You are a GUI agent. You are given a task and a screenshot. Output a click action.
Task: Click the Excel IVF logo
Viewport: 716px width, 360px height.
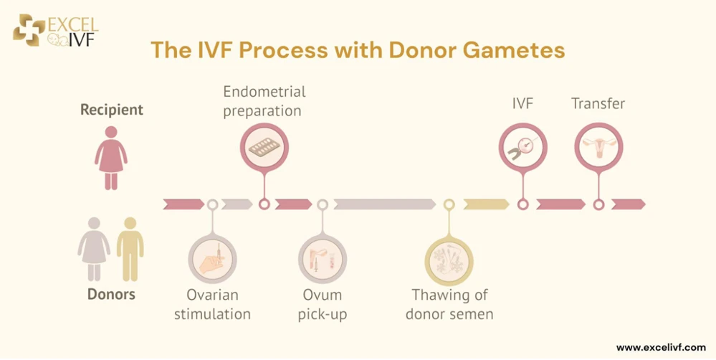point(55,29)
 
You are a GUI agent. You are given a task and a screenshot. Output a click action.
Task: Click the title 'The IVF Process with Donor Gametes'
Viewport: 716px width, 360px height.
point(357,50)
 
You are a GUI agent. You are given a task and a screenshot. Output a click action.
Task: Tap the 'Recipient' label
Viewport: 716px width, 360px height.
point(112,110)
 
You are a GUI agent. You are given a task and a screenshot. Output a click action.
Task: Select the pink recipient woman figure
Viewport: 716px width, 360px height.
point(111,158)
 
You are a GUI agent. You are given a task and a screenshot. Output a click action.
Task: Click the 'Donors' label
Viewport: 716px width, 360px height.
point(111,294)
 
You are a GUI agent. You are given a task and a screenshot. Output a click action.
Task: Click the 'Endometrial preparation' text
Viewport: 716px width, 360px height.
point(264,101)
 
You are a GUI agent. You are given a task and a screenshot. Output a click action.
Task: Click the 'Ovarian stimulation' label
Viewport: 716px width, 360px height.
point(212,304)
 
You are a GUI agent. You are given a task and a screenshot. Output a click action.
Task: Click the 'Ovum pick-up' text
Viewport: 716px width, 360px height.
point(323,304)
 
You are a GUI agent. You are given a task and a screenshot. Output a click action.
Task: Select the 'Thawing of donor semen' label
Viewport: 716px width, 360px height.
point(449,304)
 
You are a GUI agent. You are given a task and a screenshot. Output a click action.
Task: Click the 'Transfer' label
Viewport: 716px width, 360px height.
point(598,104)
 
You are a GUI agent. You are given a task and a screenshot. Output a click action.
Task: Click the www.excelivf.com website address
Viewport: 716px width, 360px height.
point(660,347)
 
